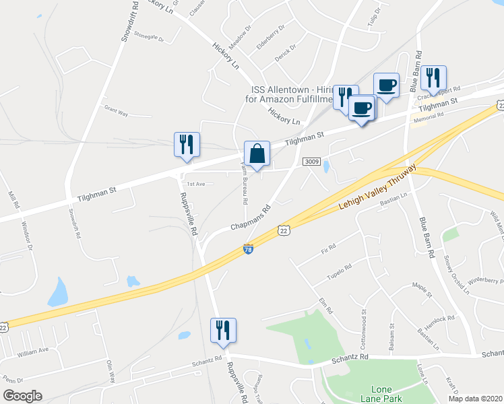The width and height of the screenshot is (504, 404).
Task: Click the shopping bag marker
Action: [x=257, y=154]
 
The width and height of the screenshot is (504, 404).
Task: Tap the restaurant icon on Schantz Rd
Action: [x=223, y=331]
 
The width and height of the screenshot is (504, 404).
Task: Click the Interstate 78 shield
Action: [x=248, y=250]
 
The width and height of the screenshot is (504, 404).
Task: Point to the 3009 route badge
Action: [x=311, y=162]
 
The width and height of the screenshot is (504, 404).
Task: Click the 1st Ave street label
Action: [x=196, y=184]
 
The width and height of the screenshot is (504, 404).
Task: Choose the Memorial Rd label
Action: [x=429, y=116]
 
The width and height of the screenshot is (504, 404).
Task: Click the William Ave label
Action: [x=34, y=351]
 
